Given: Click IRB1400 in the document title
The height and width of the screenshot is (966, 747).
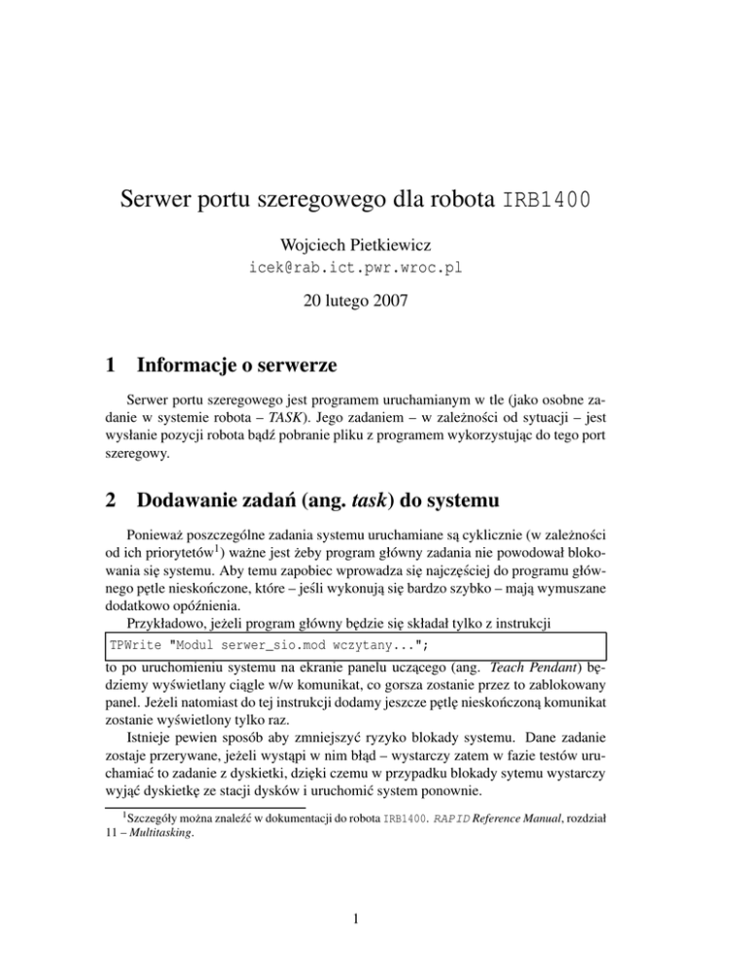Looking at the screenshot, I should click(547, 207).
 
